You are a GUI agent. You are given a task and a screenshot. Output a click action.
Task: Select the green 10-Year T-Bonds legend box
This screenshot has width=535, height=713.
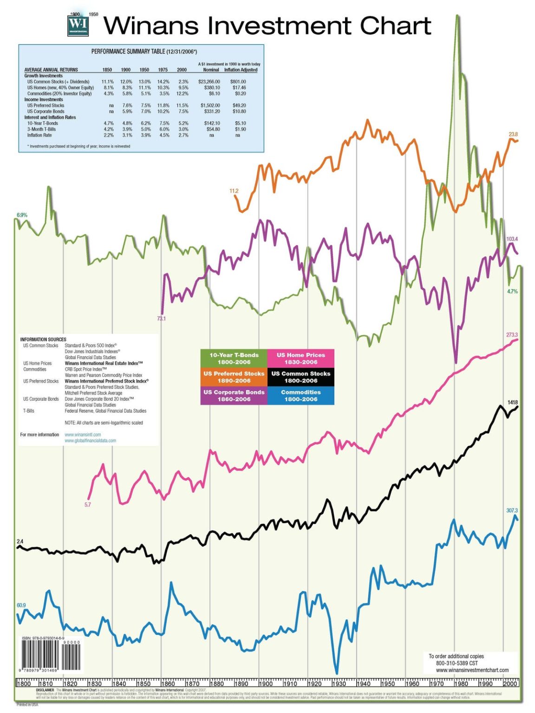[x=234, y=358]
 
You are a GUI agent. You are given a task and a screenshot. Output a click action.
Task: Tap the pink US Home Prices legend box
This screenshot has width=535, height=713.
[x=300, y=358]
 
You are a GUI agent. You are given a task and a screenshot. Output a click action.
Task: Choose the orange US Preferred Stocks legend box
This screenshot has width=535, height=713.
[x=234, y=377]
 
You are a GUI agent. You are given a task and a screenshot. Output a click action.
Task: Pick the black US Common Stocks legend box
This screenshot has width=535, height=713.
[x=300, y=377]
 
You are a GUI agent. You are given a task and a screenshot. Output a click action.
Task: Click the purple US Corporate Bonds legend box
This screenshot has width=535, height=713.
[x=234, y=395]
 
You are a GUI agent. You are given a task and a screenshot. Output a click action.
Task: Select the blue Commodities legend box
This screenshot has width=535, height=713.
[x=300, y=395]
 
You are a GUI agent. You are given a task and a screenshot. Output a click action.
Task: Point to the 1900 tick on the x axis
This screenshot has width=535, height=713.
[x=266, y=683]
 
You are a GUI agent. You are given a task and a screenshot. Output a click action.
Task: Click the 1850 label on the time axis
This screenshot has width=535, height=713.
[x=144, y=683]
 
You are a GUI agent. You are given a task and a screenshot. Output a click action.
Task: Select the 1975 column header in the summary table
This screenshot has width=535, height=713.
[x=163, y=70]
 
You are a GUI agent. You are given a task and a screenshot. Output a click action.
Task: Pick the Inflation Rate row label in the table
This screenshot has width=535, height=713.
[x=39, y=135]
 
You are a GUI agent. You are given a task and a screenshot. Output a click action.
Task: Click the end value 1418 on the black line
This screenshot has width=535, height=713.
[x=512, y=402]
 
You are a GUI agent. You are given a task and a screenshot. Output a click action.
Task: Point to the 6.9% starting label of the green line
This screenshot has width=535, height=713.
[x=22, y=215]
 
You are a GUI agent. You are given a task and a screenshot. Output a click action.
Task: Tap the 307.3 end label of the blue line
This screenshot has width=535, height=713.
[x=512, y=510]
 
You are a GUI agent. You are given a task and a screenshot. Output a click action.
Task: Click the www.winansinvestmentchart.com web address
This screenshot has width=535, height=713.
[x=472, y=670]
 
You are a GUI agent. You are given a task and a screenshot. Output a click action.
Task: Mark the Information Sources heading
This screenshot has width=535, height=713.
[x=43, y=339]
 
